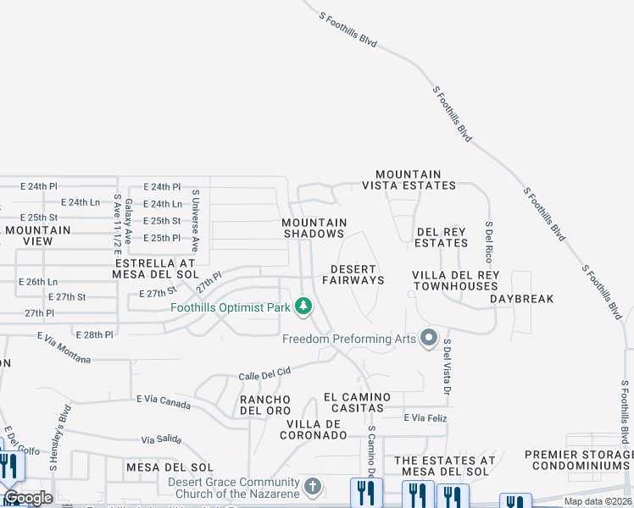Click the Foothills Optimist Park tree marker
pos(303,306)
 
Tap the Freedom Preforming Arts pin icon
pos(428,340)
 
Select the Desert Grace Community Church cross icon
pos(313,487)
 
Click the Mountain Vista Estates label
pos(409,179)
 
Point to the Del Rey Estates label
pos(442,237)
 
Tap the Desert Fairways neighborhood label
pos(353,274)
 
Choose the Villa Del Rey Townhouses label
pos(456,281)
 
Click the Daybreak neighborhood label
pos(521,299)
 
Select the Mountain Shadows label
pos(314,228)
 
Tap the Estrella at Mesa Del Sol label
pos(155,269)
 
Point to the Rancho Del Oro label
pos(265,405)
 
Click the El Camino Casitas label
pos(357,402)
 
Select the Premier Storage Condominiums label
pos(579,461)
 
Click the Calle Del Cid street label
pos(264,373)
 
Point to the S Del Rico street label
pos(489,241)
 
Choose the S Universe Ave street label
pos(194,221)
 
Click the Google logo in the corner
pos(28,498)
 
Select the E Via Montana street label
pos(64,347)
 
